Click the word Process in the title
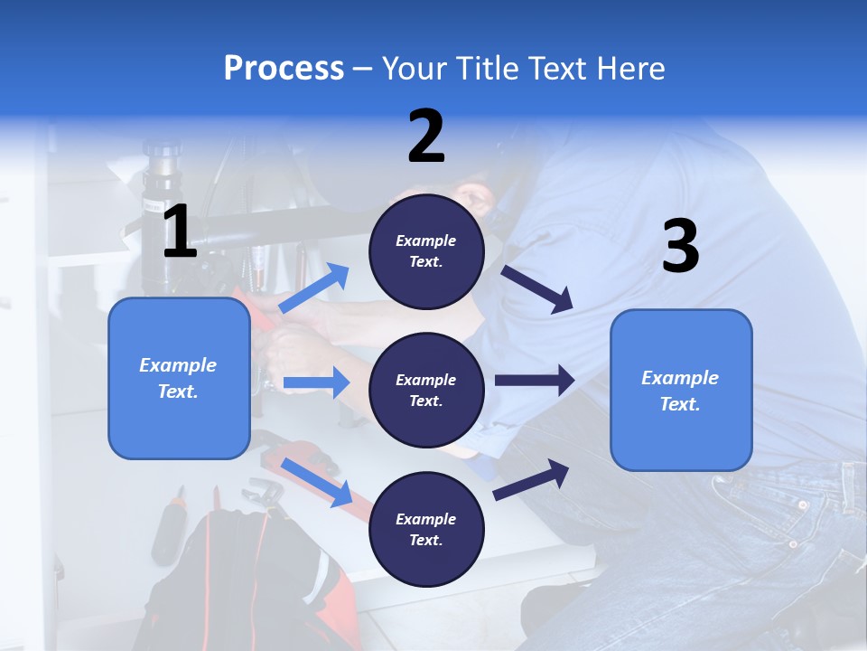pos(284,68)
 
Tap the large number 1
pos(179,232)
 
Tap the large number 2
pos(426,137)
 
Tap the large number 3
pos(680,247)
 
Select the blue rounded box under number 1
pos(179,378)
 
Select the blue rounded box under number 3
pos(681,390)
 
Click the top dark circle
pos(426,251)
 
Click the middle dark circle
pos(426,390)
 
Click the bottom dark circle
pos(426,529)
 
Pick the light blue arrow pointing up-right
pos(314,288)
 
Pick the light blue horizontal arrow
pos(316,382)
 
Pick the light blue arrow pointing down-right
pos(317,483)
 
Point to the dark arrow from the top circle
pos(536,288)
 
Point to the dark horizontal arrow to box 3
pos(535,380)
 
